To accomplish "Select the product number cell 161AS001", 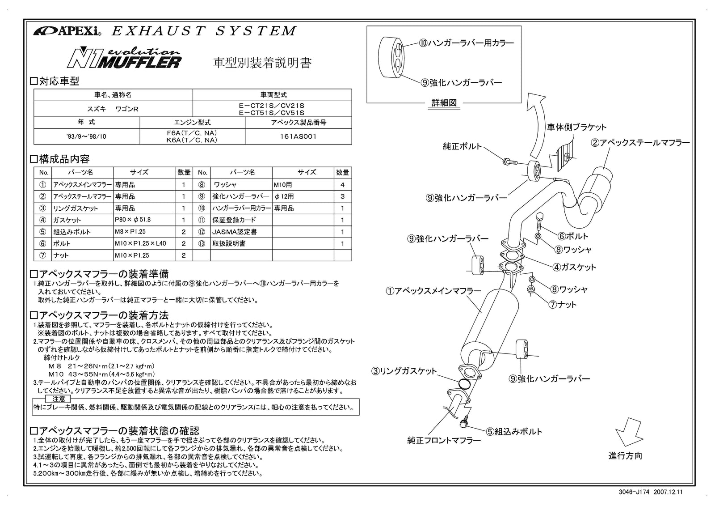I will click(299, 137).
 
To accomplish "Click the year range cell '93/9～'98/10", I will click(87, 137).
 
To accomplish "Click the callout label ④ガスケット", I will click(574, 267).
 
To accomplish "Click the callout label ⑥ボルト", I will click(572, 236).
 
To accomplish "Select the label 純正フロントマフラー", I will click(444, 441).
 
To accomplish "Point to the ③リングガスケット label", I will click(404, 371).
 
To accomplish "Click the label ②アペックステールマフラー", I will click(640, 143).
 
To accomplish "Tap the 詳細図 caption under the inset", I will click(444, 103).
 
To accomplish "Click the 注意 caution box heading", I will click(59, 399).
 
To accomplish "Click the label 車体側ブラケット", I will click(577, 127).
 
